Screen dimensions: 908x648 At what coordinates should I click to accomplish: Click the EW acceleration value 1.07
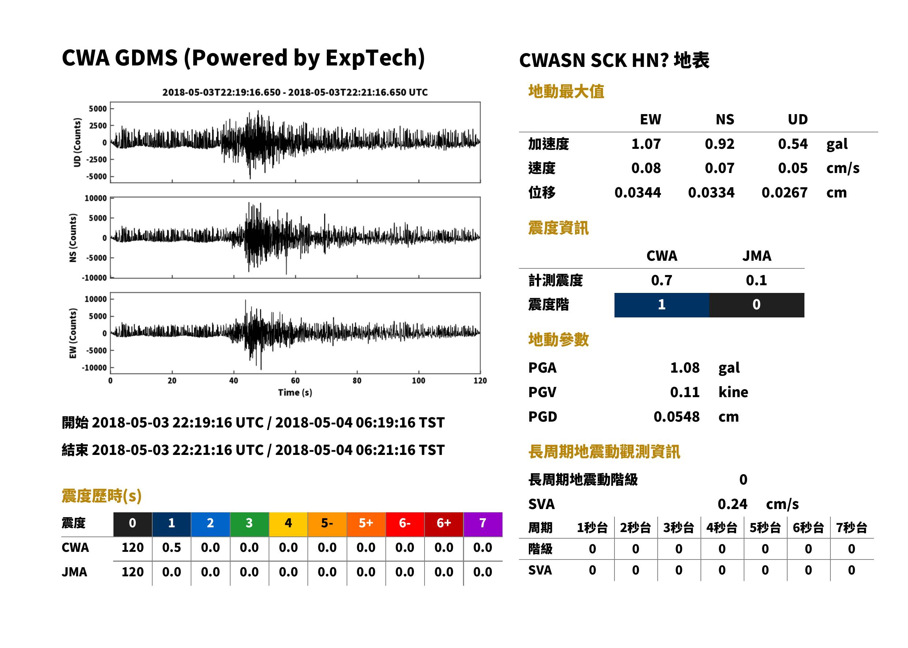point(646,144)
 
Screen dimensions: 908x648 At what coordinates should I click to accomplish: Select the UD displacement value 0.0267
point(784,193)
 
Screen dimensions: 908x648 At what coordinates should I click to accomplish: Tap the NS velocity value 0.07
point(719,168)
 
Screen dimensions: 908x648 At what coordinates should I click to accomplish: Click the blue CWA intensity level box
point(661,305)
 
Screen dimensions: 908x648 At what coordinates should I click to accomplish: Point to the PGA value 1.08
point(684,368)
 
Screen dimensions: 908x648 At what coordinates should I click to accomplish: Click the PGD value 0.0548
point(676,417)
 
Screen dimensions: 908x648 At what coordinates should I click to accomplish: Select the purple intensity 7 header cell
point(483,524)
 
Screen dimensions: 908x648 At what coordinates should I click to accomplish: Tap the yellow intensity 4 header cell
point(288,524)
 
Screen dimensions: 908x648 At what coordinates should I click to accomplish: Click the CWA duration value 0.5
point(171,548)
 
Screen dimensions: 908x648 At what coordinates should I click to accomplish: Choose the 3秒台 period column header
point(679,528)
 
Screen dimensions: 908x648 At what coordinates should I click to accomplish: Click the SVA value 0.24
point(732,504)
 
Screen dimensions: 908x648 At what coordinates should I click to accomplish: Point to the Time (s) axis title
point(295,393)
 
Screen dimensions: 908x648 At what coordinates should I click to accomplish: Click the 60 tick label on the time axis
point(295,381)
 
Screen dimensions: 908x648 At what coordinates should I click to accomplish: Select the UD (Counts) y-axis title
point(77,143)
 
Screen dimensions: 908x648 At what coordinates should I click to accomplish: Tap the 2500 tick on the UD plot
point(98,126)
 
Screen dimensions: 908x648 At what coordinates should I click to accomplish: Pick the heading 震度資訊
point(558,228)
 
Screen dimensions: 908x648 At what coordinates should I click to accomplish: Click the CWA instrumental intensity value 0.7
point(661,280)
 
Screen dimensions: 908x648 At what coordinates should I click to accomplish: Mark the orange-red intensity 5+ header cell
point(366,524)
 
